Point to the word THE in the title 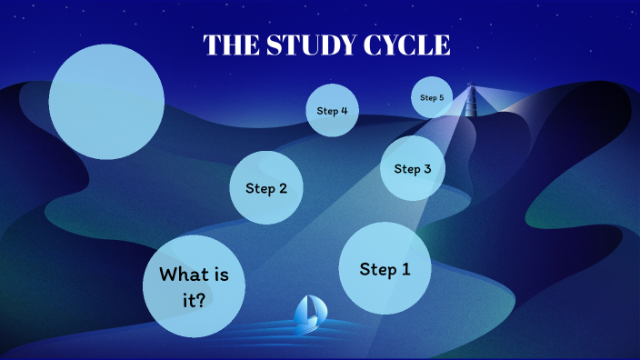[x=229, y=45]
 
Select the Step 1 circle [x=385, y=268]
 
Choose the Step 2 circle [x=265, y=188]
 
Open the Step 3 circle [x=412, y=168]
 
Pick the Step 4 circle [x=332, y=111]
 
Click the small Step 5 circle [x=432, y=97]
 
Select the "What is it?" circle [x=194, y=285]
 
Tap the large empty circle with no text [x=106, y=101]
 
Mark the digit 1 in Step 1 [x=405, y=269]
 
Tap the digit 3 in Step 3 [x=427, y=168]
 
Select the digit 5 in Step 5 [x=442, y=97]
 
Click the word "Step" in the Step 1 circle [x=378, y=269]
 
